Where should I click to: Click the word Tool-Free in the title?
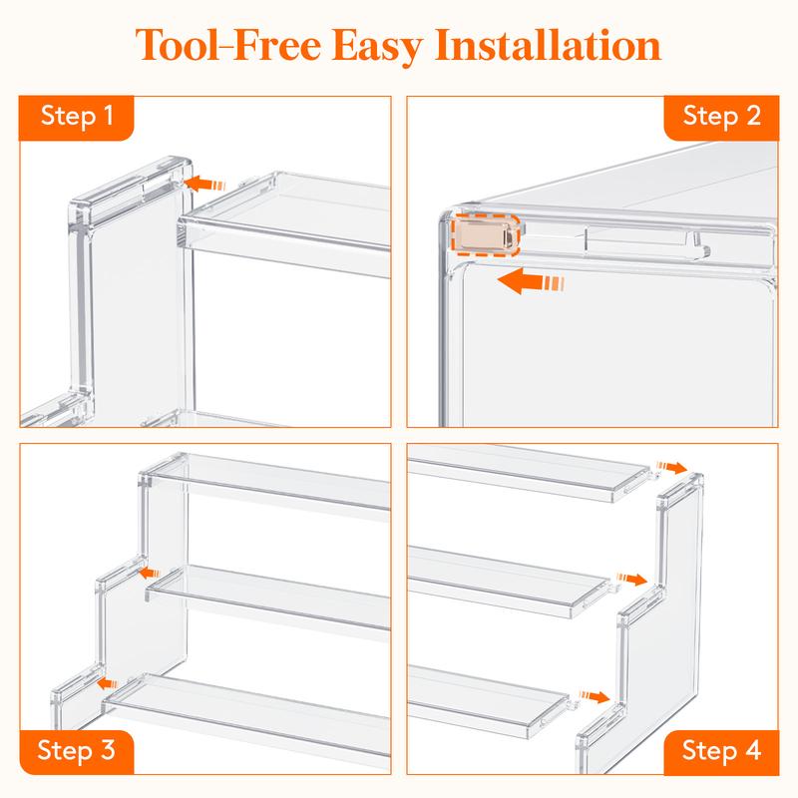228,45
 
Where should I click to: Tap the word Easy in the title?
378,47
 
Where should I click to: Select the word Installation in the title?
548,45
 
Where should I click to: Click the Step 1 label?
77,116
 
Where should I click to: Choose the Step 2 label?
721,116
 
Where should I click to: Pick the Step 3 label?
77,750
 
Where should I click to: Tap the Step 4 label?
721,750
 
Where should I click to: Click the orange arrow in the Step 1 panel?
204,184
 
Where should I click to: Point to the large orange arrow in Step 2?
531,281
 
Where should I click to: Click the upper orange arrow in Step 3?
149,573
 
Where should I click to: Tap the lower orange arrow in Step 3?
108,683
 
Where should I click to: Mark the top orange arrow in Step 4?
671,467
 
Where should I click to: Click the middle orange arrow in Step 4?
631,579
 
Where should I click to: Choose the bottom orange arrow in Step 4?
595,696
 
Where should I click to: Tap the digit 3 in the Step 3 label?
108,750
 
